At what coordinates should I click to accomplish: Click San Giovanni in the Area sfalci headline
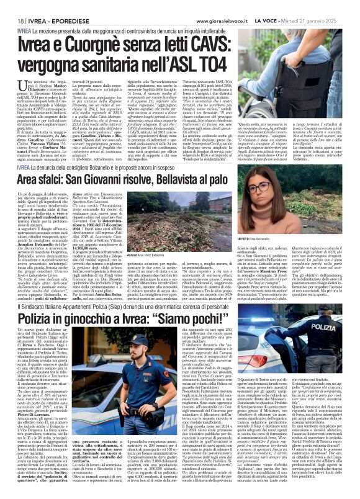click(124, 181)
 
